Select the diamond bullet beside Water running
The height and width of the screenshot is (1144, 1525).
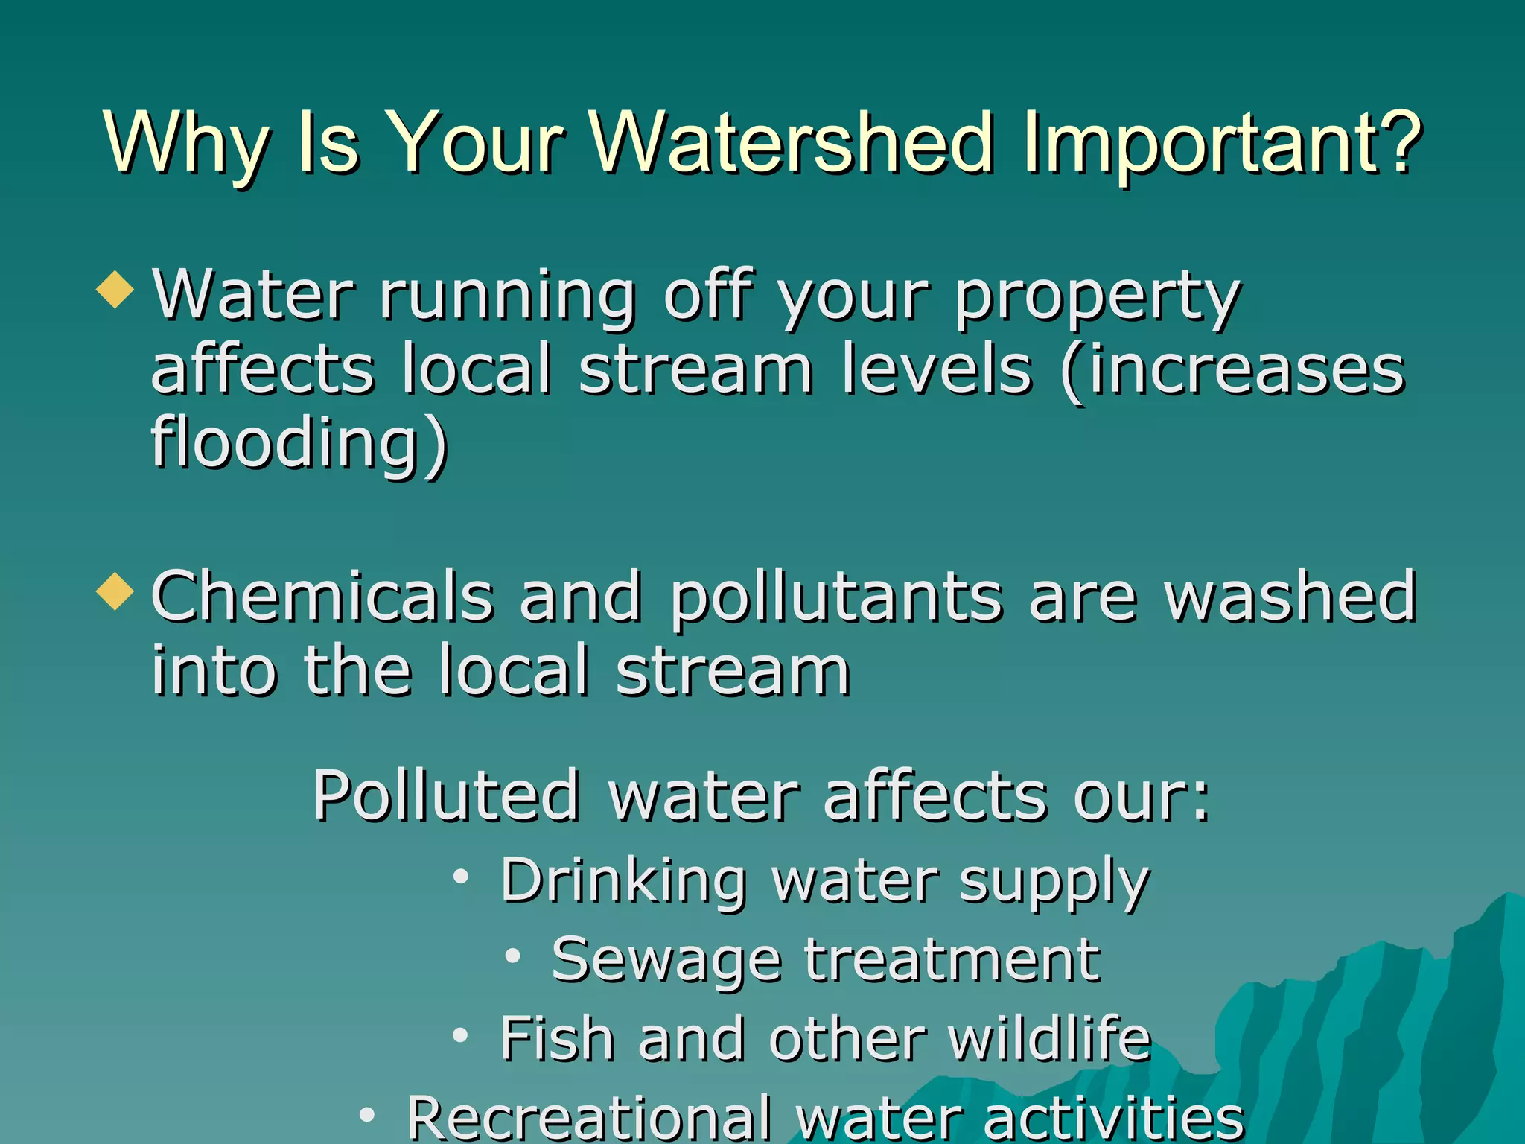tap(115, 290)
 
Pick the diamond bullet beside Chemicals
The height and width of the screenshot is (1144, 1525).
tap(115, 593)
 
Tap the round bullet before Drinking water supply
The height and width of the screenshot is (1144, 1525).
tap(461, 877)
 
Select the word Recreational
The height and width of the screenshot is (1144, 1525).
tap(589, 1117)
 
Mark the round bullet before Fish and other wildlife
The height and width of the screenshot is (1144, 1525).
tap(461, 1035)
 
